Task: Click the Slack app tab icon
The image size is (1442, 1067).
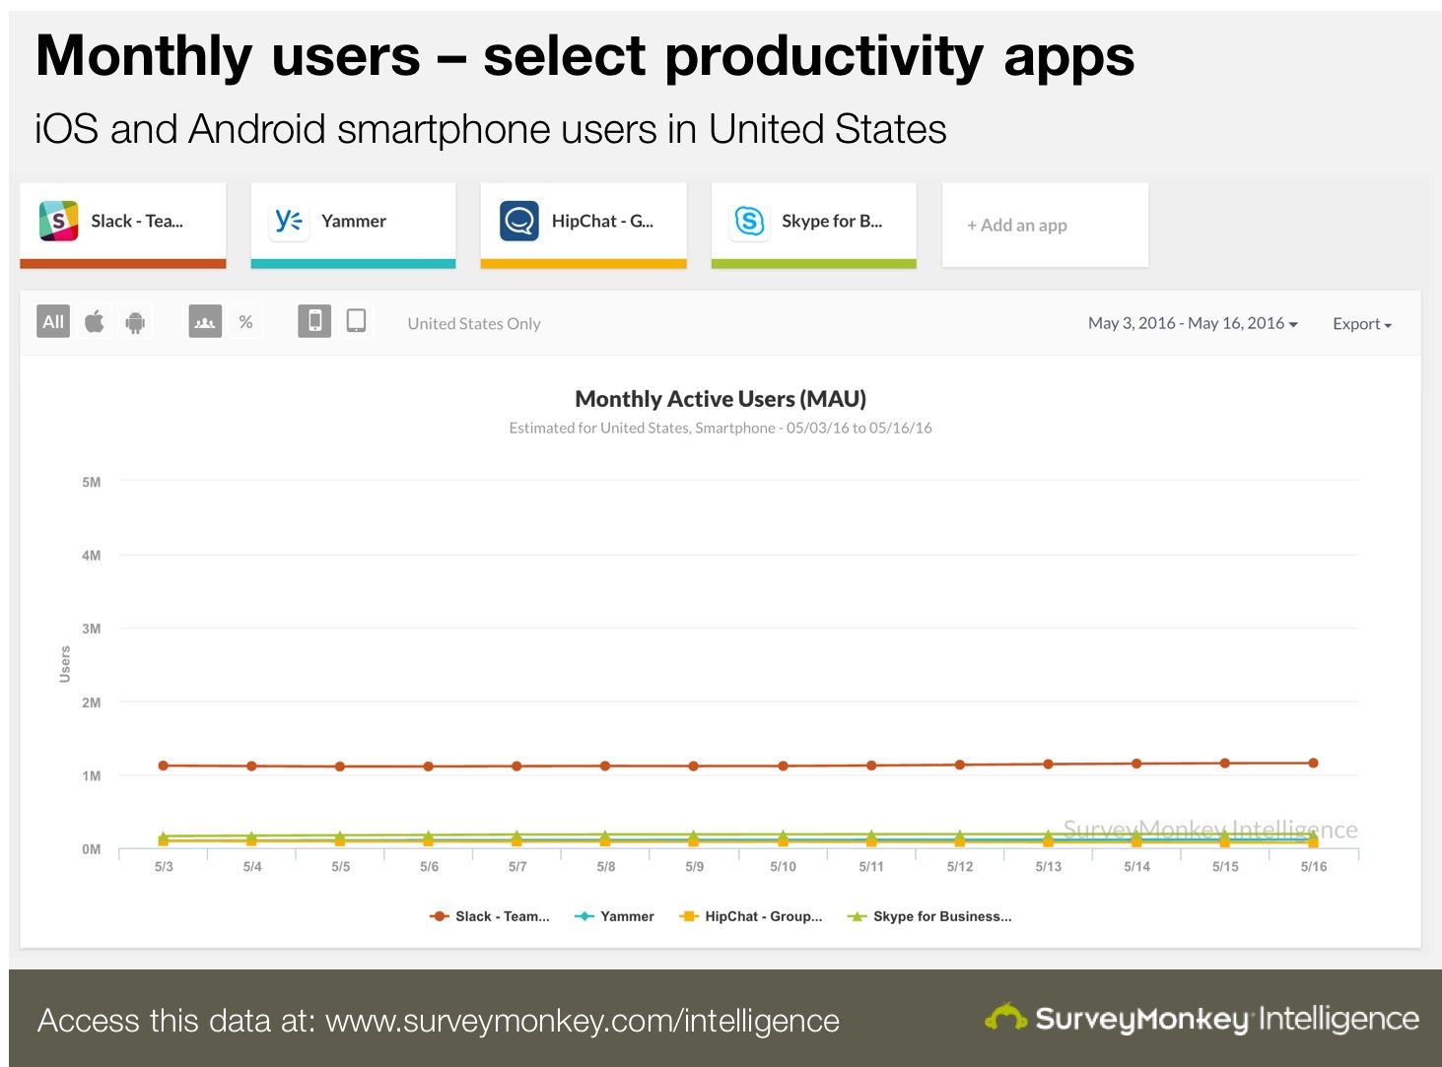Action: pos(58,221)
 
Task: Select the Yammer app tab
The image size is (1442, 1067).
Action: pos(353,222)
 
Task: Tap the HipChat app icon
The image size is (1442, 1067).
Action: pos(518,221)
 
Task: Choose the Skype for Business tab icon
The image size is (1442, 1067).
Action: pos(749,221)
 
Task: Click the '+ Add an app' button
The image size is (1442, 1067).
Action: pos(1017,225)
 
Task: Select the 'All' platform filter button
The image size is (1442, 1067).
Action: pos(53,321)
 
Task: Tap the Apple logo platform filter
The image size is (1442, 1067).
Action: pos(95,321)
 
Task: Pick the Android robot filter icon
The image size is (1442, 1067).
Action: pos(136,322)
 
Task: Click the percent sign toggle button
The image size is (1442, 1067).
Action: pos(245,321)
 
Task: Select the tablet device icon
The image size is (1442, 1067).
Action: pos(356,321)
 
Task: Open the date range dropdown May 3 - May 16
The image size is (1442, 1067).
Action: pos(1193,323)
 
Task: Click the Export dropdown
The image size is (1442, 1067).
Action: pos(1361,324)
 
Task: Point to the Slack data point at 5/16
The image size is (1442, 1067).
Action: pos(1313,763)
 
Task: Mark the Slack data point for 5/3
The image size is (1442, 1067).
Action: pos(164,766)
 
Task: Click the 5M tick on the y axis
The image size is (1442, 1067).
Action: pos(92,482)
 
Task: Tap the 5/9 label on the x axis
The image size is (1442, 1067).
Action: pos(695,867)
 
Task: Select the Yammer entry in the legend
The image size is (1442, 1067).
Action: pos(614,916)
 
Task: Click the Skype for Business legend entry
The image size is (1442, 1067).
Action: pos(929,916)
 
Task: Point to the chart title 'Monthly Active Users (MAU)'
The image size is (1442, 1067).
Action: pos(721,399)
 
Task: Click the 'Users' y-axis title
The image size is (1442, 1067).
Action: pos(65,664)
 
